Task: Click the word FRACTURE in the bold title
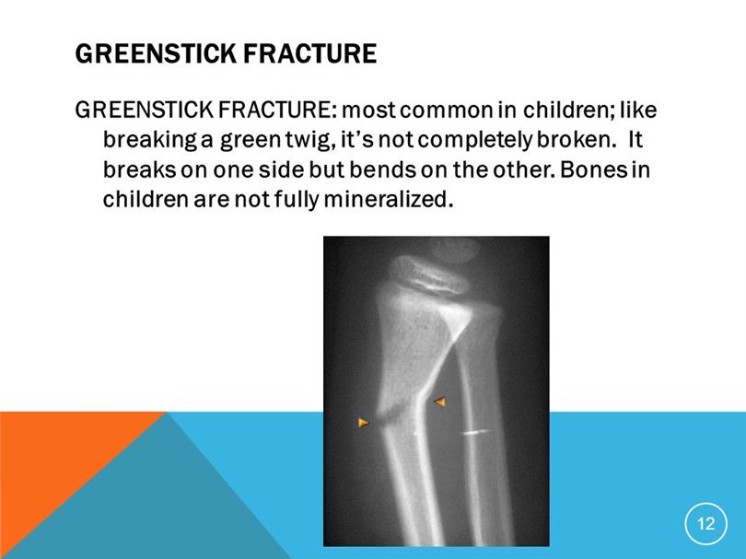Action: click(x=309, y=53)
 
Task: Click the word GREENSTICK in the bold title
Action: click(x=155, y=53)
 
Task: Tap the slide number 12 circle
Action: click(x=706, y=524)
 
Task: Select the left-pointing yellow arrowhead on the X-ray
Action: click(x=439, y=402)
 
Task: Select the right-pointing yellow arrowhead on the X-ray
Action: click(x=364, y=422)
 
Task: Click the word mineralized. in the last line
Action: click(x=386, y=199)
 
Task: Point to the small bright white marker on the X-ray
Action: click(x=476, y=433)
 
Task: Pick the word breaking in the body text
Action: click(x=150, y=140)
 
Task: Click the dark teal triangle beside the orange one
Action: click(x=157, y=505)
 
